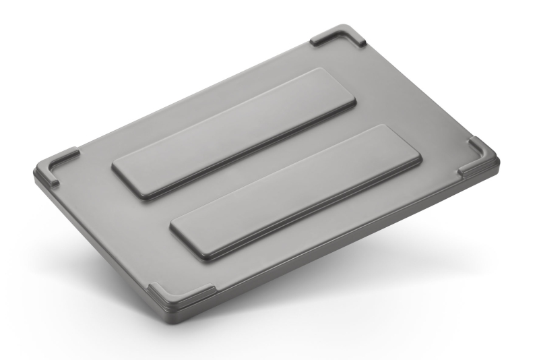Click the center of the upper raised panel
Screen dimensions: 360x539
pos(234,132)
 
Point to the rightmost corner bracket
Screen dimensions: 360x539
pos(480,156)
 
